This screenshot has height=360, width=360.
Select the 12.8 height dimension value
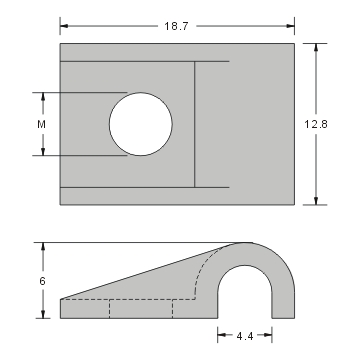point(317,123)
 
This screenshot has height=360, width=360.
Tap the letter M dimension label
point(41,124)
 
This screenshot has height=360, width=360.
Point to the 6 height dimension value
point(42,282)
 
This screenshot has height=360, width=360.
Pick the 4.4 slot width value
point(244,337)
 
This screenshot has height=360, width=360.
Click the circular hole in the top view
point(140,124)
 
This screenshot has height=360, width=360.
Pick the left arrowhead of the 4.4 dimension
point(221,336)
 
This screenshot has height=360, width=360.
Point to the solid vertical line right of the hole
point(194,124)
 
